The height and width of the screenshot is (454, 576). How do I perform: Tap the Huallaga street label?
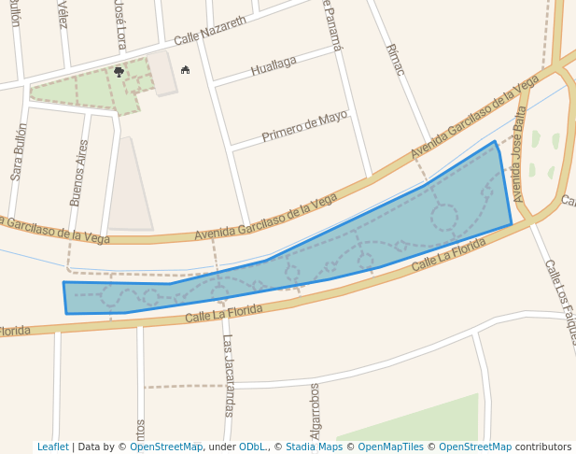point(274,65)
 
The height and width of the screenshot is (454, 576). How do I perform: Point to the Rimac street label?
point(395,61)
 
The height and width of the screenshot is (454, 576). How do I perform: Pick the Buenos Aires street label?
point(78,173)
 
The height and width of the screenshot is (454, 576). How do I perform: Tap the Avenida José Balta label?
point(520,153)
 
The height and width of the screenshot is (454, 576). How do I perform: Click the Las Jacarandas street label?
point(227,375)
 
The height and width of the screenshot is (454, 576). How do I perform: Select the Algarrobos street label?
point(316,410)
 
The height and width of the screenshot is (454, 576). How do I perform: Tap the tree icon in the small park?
point(119,71)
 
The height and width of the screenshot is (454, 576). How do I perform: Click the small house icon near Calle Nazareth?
point(185,69)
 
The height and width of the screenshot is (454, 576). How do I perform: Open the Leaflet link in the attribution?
point(52,447)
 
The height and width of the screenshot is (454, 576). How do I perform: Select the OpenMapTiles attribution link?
point(391,447)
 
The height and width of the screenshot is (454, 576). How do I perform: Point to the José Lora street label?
point(119,23)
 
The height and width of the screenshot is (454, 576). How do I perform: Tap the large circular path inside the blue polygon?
point(444,219)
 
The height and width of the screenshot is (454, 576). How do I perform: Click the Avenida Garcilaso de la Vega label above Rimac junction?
point(474,118)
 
